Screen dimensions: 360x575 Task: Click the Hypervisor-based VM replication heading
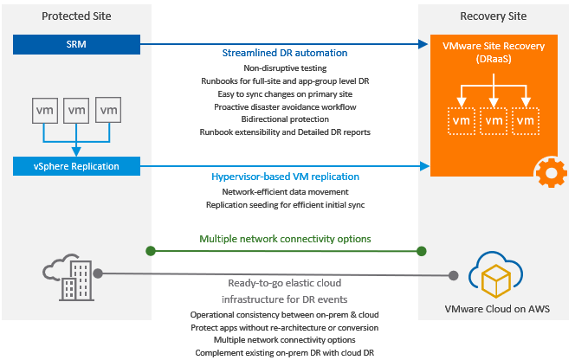click(285, 177)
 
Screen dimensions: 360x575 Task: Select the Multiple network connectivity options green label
click(285, 238)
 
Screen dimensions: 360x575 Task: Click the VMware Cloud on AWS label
click(496, 309)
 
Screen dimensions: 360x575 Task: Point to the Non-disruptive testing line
click(285, 67)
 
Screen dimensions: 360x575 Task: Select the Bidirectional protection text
click(285, 119)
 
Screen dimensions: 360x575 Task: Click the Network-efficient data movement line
click(285, 191)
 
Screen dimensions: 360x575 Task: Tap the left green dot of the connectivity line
click(152, 251)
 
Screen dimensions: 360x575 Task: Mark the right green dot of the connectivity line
click(422, 251)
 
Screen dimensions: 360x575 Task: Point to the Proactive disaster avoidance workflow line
click(285, 106)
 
